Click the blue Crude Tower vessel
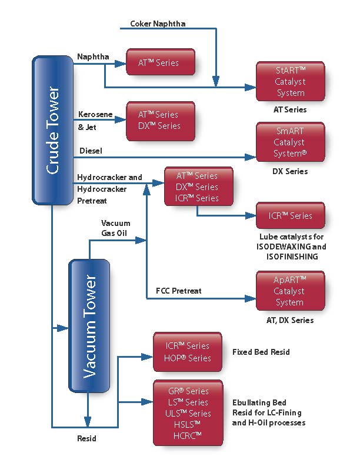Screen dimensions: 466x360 click(x=52, y=131)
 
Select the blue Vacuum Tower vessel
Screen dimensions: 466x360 click(x=89, y=325)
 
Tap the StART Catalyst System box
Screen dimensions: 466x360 click(x=290, y=81)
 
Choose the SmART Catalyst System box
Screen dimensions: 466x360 click(x=290, y=142)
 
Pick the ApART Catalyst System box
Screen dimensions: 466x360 click(x=290, y=291)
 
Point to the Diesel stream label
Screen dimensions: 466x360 click(x=91, y=151)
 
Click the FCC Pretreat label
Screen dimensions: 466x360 click(x=178, y=291)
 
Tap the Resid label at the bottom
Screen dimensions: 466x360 click(x=88, y=438)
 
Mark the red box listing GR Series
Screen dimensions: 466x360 click(x=188, y=413)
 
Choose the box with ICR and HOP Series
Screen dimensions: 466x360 click(x=188, y=352)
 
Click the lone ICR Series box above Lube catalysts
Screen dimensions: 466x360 click(x=290, y=216)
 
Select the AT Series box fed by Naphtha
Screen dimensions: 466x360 click(x=160, y=62)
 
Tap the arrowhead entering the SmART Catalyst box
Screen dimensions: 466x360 click(x=252, y=158)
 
